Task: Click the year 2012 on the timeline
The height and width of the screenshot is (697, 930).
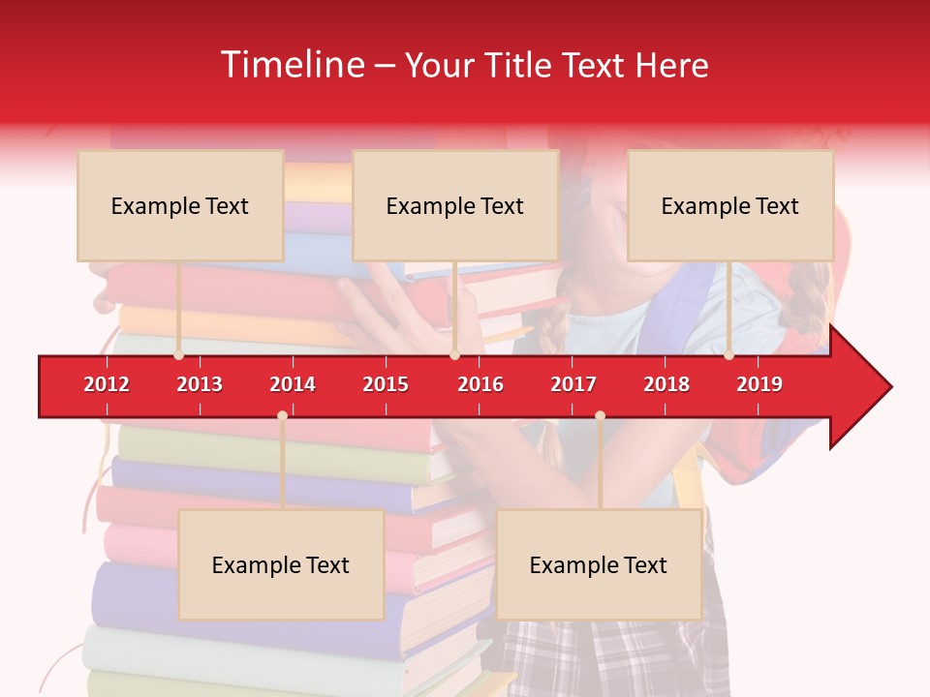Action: point(107,384)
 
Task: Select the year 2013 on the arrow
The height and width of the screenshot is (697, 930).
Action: point(200,384)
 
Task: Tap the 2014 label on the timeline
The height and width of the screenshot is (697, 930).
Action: point(293,384)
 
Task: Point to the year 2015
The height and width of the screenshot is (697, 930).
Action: point(386,384)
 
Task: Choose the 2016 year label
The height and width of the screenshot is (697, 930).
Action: point(480,384)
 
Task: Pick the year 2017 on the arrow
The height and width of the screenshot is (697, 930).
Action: point(573,384)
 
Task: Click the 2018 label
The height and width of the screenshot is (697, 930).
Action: point(666,384)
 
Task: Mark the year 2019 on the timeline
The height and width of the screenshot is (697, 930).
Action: point(759,384)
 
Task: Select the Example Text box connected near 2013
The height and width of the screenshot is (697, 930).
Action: point(180,205)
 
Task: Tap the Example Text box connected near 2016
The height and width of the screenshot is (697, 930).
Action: point(455,205)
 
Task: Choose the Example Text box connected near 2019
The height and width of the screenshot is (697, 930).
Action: point(730,205)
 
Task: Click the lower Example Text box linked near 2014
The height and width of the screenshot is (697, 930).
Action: point(281,564)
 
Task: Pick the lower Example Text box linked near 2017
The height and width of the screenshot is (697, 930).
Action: point(599,564)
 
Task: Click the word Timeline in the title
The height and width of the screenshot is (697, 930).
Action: point(291,65)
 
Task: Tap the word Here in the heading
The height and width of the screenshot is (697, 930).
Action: point(671,65)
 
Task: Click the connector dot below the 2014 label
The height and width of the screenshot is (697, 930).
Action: point(282,415)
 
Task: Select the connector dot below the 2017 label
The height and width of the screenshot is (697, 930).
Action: point(600,415)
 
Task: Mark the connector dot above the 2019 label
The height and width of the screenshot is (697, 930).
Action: point(728,355)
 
